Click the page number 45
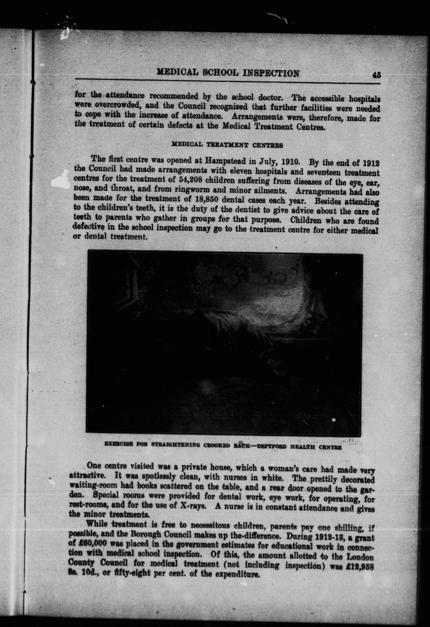pos(376,75)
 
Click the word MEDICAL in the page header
pos(177,72)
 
